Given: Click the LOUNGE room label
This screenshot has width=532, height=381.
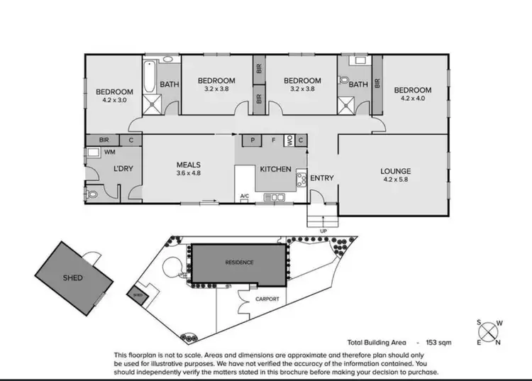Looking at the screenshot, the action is click(x=395, y=171).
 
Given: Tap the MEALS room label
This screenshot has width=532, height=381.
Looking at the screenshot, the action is click(x=189, y=164).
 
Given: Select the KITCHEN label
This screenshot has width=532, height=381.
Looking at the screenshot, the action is click(x=275, y=170).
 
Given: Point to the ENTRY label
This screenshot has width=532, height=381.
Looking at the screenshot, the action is click(x=322, y=177).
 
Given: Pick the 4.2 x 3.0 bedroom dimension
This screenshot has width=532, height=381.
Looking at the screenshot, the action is click(x=115, y=101).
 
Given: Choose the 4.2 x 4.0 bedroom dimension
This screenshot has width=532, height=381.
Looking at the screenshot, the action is click(x=412, y=99).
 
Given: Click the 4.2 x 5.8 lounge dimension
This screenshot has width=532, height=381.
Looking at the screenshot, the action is click(x=395, y=180).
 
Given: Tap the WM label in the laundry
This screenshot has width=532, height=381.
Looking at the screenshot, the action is click(x=110, y=152).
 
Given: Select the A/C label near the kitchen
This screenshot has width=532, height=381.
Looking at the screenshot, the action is click(x=245, y=196).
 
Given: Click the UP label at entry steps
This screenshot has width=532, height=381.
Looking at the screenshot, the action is click(x=324, y=231).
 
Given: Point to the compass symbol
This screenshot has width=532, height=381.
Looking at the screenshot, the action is click(x=489, y=333).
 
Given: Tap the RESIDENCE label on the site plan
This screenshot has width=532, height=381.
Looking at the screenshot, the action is click(x=240, y=263).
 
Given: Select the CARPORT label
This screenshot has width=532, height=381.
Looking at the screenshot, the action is click(x=267, y=299).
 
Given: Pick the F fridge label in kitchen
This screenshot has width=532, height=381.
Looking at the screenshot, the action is click(x=274, y=140).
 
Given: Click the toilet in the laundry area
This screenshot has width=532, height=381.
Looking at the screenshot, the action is click(x=93, y=194).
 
